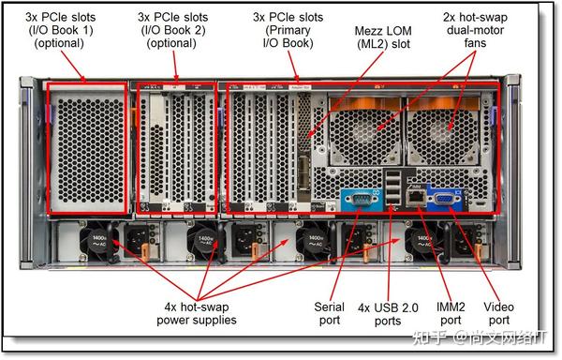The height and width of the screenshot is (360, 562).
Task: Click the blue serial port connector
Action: (357, 198)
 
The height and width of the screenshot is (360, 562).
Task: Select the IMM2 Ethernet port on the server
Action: (412, 196)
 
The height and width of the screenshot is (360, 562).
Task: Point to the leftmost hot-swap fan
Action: (357, 125)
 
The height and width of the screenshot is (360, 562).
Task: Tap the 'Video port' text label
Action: (497, 314)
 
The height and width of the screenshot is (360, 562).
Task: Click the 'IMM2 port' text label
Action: (451, 314)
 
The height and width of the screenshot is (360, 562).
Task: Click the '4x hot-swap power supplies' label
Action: (196, 314)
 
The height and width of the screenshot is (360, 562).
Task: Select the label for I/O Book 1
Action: (59, 30)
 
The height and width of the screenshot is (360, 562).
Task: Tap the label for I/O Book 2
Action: (174, 30)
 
